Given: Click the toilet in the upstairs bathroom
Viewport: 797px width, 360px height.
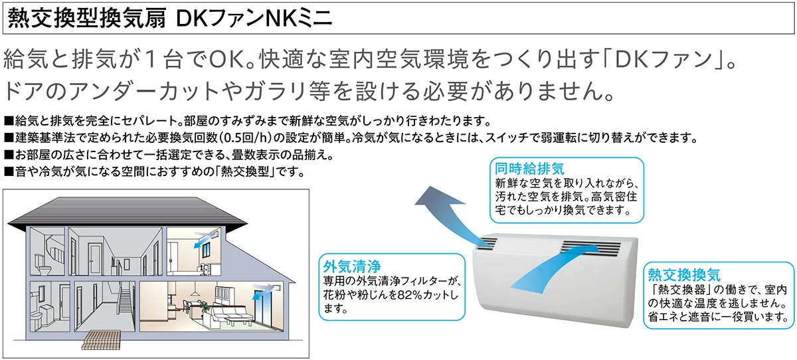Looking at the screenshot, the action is [44, 266].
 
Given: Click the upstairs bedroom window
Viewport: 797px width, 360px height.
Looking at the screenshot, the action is [207, 251].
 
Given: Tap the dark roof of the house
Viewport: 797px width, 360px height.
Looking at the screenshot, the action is [127, 211].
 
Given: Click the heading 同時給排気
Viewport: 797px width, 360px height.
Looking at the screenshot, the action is [529, 168].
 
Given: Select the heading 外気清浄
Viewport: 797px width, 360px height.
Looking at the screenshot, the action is [351, 266].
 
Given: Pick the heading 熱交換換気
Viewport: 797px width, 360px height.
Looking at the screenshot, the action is [684, 274].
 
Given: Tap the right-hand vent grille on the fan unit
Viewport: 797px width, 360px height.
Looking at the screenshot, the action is [590, 248].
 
